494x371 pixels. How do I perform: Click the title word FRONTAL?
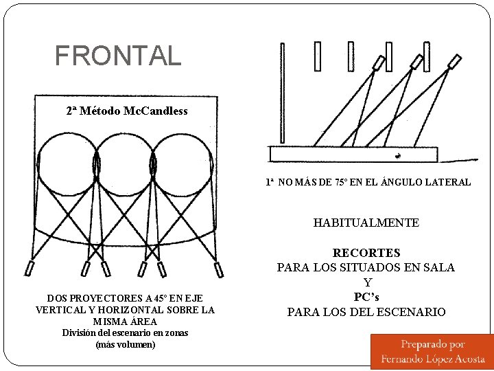118,55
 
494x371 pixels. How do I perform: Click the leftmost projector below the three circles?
31,268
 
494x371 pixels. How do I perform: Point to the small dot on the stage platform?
397,155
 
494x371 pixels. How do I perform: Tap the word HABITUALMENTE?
366,223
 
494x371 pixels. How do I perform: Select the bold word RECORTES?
366,253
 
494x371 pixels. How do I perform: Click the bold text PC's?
366,297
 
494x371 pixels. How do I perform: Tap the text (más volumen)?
125,344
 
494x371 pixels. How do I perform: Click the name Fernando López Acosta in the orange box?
432,359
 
